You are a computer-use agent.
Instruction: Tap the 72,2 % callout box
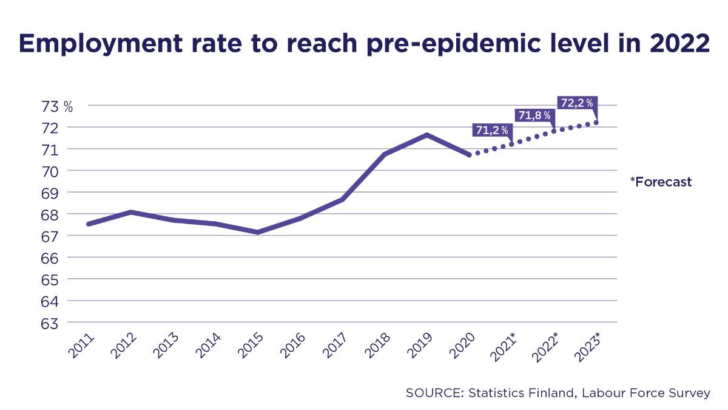click(577, 103)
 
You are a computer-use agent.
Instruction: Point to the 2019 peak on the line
click(427, 135)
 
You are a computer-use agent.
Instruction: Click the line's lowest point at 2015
click(258, 232)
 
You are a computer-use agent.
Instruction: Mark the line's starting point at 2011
click(89, 224)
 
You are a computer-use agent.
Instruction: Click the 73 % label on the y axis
click(58, 106)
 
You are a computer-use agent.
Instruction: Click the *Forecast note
click(661, 182)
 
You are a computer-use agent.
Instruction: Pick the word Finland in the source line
click(550, 393)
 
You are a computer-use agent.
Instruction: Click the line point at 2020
click(469, 155)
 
